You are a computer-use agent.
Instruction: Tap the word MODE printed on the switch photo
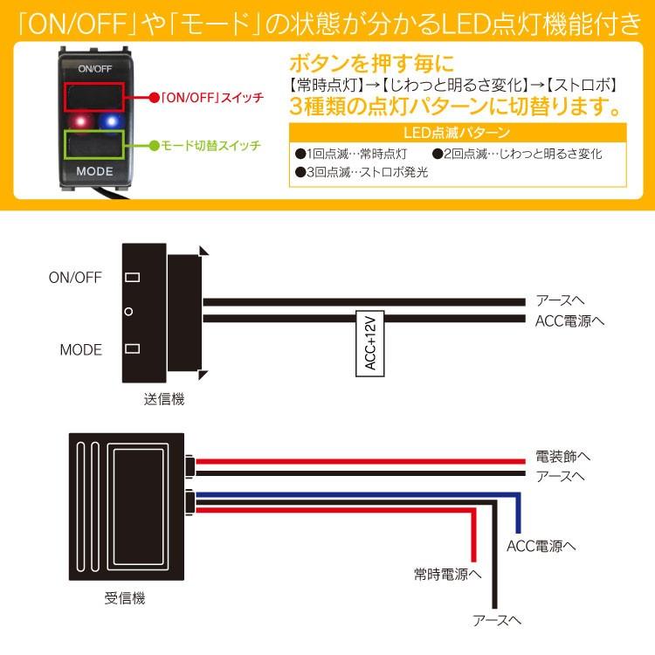tap(94, 171)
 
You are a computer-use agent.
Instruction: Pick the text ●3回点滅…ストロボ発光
tap(362, 172)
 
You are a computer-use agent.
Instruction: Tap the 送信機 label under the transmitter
tap(164, 399)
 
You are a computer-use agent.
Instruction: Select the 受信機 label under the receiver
tap(125, 598)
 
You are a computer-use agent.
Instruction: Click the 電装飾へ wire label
tap(562, 457)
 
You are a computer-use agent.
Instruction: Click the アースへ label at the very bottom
tap(496, 620)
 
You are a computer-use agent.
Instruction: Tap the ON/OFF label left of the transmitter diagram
tap(75, 278)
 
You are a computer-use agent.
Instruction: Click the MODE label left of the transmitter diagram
tap(81, 350)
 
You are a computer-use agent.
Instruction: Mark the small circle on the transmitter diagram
tap(129, 312)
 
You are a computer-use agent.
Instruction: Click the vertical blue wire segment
tap(519, 514)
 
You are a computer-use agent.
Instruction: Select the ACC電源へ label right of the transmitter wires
tap(570, 321)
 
